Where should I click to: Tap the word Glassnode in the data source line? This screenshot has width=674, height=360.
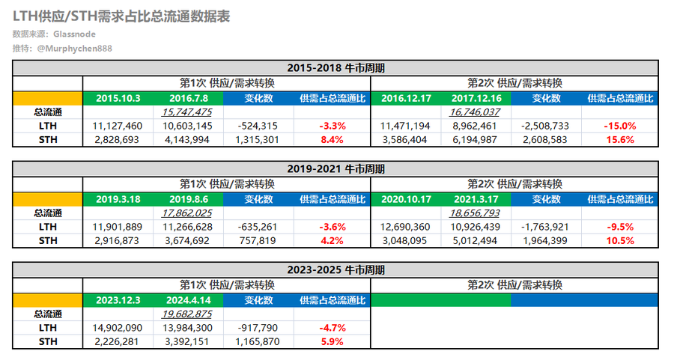[75, 34]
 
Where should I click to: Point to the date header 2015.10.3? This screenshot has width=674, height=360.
[118, 97]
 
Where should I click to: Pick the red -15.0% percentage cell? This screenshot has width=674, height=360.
[619, 126]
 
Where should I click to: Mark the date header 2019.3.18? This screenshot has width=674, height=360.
[118, 198]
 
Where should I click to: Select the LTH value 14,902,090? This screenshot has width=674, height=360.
[117, 328]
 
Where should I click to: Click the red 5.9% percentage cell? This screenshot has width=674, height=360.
[331, 342]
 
